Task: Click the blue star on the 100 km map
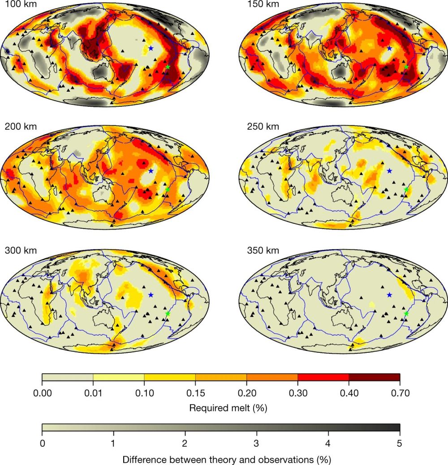pyautogui.click(x=151, y=48)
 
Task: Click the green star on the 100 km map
pyautogui.click(x=168, y=67)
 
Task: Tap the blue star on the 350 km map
pyautogui.click(x=389, y=295)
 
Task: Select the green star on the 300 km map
pyautogui.click(x=168, y=314)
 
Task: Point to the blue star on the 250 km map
pyautogui.click(x=389, y=171)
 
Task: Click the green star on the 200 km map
pyautogui.click(x=168, y=190)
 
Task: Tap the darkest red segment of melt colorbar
pyautogui.click(x=374, y=377)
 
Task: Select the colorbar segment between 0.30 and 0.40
pyautogui.click(x=323, y=377)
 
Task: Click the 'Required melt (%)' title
pyautogui.click(x=220, y=408)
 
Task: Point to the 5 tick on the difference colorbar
pyautogui.click(x=400, y=443)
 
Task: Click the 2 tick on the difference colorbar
pyautogui.click(x=185, y=443)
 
